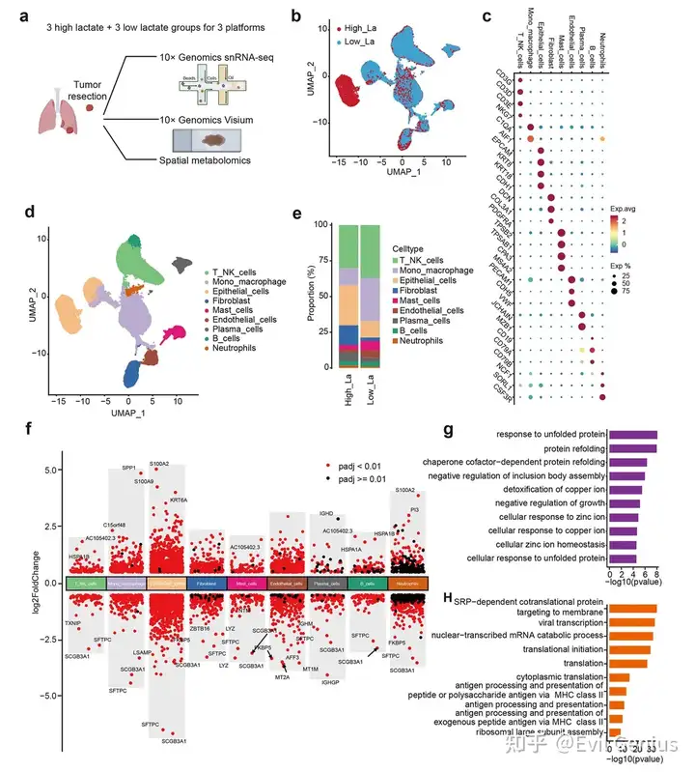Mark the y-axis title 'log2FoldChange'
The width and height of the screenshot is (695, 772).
[x=36, y=585]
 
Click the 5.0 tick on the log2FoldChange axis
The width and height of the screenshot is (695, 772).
[x=53, y=471]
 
